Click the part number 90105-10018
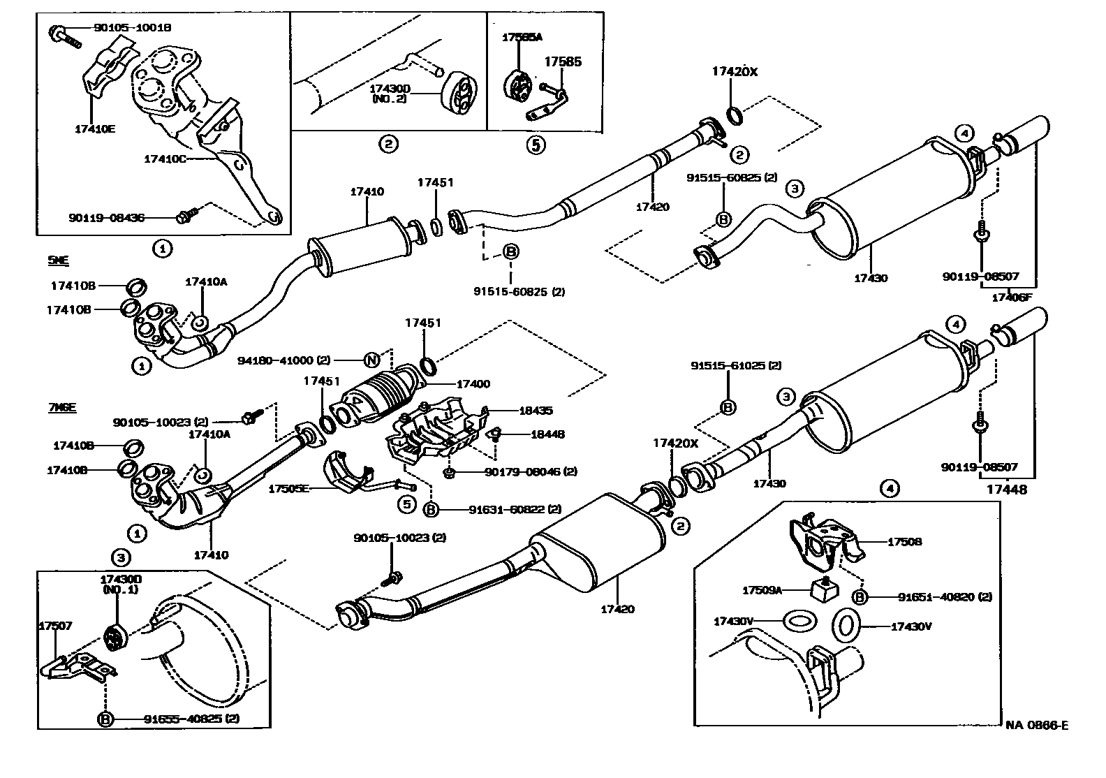(x=133, y=28)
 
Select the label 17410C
(x=165, y=159)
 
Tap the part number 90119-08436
(x=107, y=218)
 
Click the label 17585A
(x=522, y=38)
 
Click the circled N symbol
(x=372, y=360)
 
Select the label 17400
(x=473, y=383)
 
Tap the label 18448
(x=547, y=434)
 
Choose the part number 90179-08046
(x=531, y=472)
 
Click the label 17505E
(x=290, y=489)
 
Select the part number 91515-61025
(x=736, y=365)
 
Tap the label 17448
(x=1007, y=490)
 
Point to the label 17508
(x=904, y=541)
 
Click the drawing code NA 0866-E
(x=1037, y=725)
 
